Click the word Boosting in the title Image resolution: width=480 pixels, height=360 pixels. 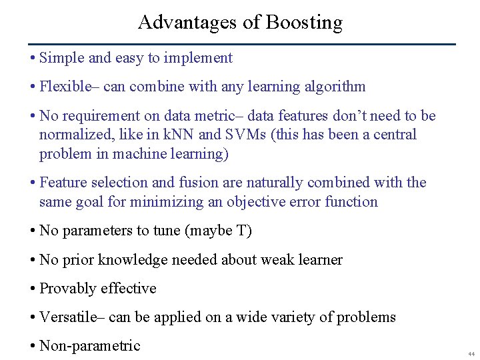pos(304,23)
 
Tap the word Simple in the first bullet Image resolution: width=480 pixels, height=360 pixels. pos(62,58)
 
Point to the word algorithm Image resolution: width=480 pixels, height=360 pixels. pos(337,87)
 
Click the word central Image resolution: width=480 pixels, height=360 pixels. pos(395,135)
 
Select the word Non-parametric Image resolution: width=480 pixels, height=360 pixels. pos(90,346)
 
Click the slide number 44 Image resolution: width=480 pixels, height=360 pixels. pos(470,354)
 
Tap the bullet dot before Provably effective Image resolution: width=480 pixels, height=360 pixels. pos(33,289)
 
